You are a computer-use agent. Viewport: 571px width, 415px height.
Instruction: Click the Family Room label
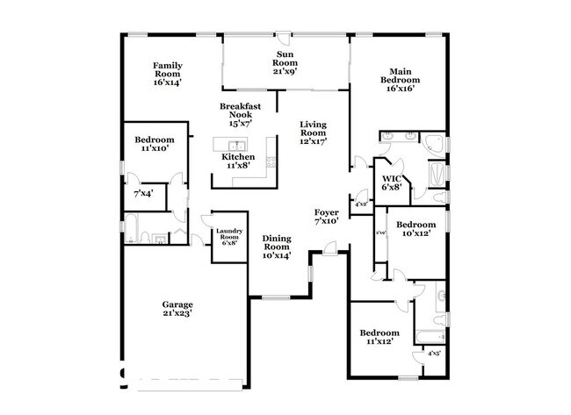click(x=167, y=74)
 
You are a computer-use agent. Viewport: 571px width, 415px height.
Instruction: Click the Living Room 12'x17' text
click(x=313, y=133)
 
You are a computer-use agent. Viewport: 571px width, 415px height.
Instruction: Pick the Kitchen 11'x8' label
click(x=238, y=161)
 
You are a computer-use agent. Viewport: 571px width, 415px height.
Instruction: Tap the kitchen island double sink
click(x=236, y=145)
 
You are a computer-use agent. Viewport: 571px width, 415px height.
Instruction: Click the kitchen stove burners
click(x=271, y=161)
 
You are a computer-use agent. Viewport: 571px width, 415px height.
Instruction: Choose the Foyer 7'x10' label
click(x=326, y=217)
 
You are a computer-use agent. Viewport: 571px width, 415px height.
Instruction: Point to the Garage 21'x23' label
click(x=177, y=306)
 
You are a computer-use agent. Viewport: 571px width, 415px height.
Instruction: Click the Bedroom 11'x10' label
click(x=154, y=144)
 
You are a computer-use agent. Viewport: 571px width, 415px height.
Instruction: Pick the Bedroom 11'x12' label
click(x=379, y=337)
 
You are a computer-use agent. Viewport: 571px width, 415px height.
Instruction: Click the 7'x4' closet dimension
click(x=143, y=192)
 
